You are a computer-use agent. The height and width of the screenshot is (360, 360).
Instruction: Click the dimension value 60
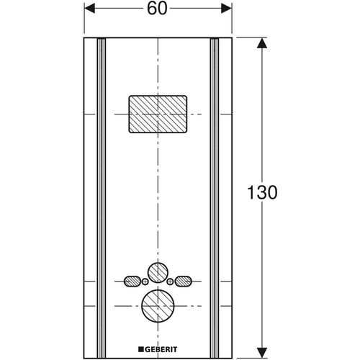(x=157, y=9)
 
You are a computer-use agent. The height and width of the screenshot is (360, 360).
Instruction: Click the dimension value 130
(x=262, y=192)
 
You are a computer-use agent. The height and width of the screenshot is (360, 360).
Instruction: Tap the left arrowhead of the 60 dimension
(x=90, y=9)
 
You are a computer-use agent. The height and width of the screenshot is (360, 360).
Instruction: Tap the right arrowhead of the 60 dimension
(x=226, y=9)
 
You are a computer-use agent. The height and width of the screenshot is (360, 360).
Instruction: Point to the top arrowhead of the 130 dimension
(x=262, y=43)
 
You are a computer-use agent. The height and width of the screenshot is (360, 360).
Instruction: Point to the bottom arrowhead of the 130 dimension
(x=262, y=353)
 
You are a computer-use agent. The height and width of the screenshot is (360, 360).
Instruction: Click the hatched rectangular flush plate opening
(x=158, y=114)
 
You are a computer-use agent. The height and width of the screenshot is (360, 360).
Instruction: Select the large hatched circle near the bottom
(x=158, y=306)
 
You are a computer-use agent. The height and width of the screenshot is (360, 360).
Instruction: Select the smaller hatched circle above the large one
(x=158, y=273)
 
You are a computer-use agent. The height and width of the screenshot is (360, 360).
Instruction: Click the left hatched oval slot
(x=132, y=282)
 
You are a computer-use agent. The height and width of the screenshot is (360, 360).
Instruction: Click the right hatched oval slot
(x=184, y=282)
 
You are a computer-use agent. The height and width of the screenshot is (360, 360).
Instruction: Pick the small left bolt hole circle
(x=145, y=282)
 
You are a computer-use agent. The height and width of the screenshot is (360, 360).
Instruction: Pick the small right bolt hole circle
(x=170, y=282)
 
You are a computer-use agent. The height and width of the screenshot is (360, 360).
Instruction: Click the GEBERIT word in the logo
(x=161, y=349)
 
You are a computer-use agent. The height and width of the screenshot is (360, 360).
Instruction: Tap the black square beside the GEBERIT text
(x=140, y=349)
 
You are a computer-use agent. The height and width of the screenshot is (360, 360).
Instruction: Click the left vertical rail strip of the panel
(x=102, y=198)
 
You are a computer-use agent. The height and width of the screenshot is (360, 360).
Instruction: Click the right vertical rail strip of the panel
(x=215, y=198)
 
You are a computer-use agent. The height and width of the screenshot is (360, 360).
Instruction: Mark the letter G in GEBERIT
(x=147, y=349)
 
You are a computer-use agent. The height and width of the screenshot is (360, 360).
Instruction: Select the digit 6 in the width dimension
(x=152, y=9)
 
